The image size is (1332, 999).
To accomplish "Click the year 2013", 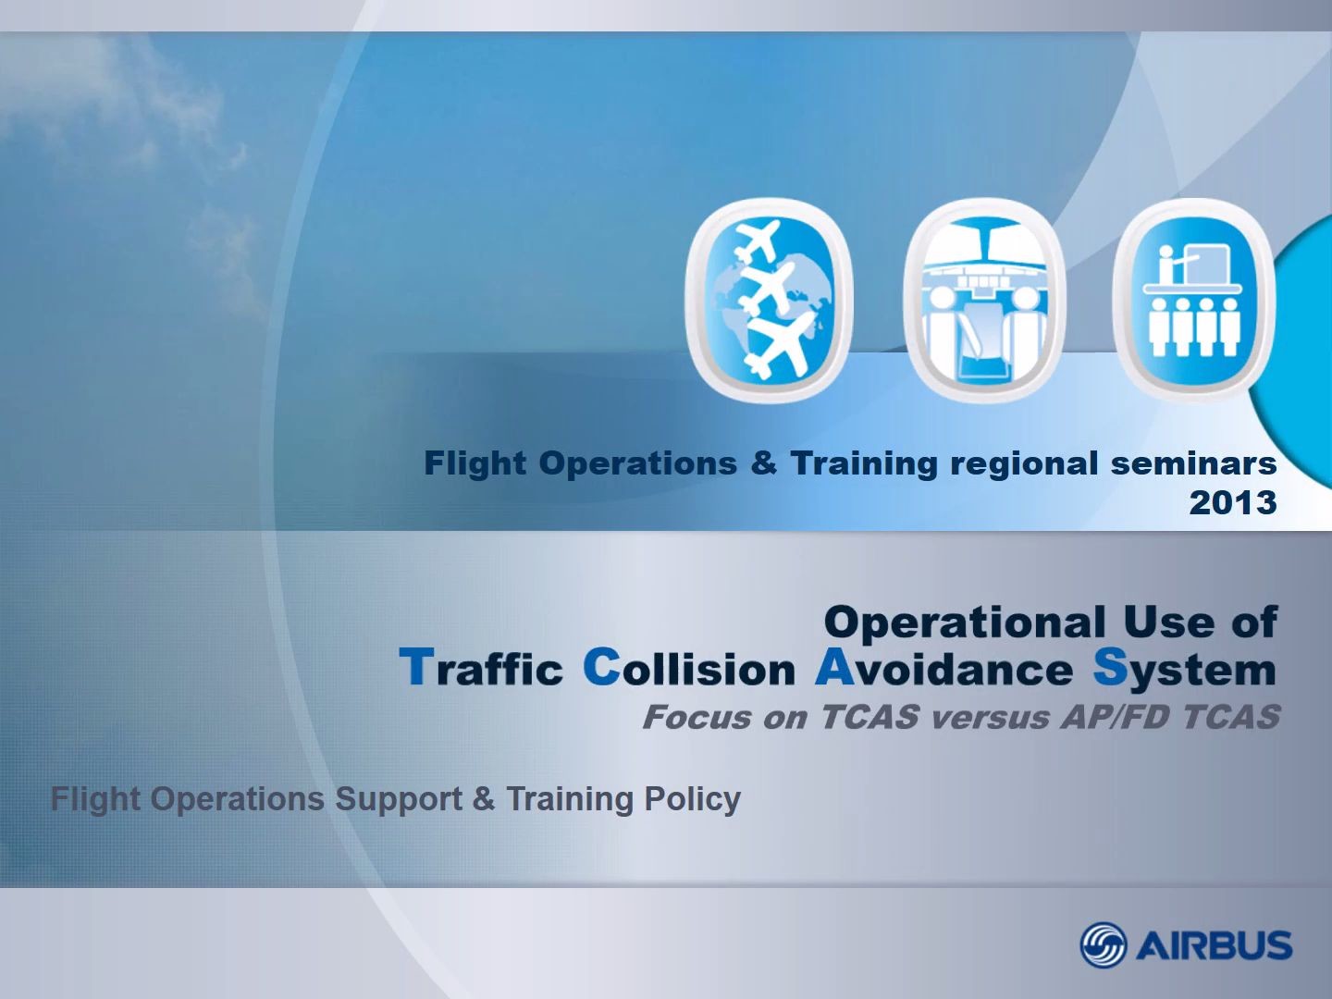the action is pyautogui.click(x=1233, y=503).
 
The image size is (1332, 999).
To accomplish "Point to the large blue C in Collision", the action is pyautogui.click(x=601, y=667).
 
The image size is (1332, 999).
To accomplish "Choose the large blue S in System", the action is pyautogui.click(x=1110, y=667).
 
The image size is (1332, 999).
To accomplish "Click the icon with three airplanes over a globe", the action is pyautogui.click(x=769, y=300).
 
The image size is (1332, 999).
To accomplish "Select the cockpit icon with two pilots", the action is pyautogui.click(x=984, y=300).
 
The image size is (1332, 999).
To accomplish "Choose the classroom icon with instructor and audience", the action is pyautogui.click(x=1194, y=300).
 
